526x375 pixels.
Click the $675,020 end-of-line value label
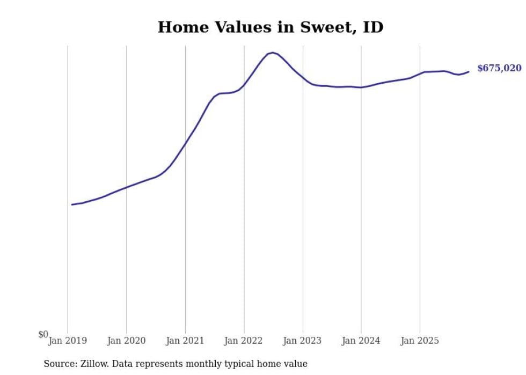click(499, 68)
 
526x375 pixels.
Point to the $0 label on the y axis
click(43, 335)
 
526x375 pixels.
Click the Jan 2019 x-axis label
click(68, 341)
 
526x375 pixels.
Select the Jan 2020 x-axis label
click(127, 341)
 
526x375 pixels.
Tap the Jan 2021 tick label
click(185, 341)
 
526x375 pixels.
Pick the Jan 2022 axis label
click(244, 341)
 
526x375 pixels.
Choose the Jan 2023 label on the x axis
click(303, 341)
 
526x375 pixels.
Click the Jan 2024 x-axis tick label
click(361, 341)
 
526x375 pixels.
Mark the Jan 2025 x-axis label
click(420, 341)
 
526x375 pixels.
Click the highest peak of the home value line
click(273, 53)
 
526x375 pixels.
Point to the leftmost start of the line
click(72, 204)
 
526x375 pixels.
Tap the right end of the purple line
click(469, 71)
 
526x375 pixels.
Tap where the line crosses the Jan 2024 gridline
click(361, 87)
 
